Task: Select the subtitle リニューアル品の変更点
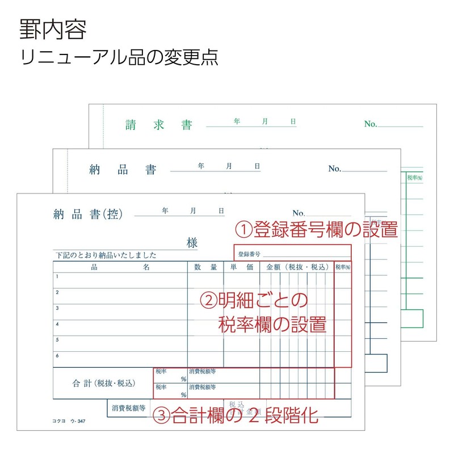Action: coord(119,58)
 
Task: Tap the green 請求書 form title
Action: coord(159,125)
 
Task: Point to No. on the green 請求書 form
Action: coord(371,124)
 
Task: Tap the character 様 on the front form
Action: coord(192,243)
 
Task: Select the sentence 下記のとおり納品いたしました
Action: coord(106,255)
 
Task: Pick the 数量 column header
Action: coord(205,267)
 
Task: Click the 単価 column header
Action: coord(241,267)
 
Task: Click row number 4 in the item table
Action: coord(57,324)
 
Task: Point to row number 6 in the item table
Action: coord(57,355)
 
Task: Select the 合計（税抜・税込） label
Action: coord(103,383)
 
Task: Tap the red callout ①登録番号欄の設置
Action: coord(316,230)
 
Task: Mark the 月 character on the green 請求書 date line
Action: coord(265,121)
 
